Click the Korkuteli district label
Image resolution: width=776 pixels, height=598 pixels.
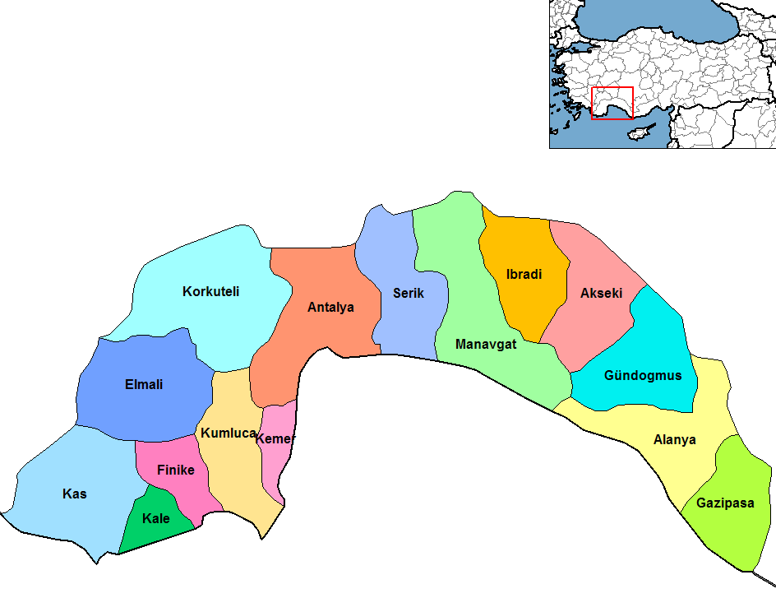pyautogui.click(x=211, y=291)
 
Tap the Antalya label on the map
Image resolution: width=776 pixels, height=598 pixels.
pyautogui.click(x=330, y=308)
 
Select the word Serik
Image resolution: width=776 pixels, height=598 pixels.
pyautogui.click(x=409, y=293)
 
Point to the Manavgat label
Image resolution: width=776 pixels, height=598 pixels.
pyautogui.click(x=486, y=345)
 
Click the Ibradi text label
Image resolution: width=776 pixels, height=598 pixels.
pyautogui.click(x=524, y=275)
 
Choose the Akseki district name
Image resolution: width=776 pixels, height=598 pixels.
pyautogui.click(x=601, y=293)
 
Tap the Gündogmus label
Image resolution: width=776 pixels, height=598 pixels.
pyautogui.click(x=643, y=376)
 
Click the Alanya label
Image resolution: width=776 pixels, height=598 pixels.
pyautogui.click(x=674, y=439)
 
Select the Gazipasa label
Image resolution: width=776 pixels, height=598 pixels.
pyautogui.click(x=725, y=503)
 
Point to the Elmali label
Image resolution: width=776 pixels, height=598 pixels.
pyautogui.click(x=144, y=384)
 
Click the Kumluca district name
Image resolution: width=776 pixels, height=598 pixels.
pyautogui.click(x=229, y=433)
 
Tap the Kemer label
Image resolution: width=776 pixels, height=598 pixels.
pyautogui.click(x=275, y=439)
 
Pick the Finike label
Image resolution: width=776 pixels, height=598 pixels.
pyautogui.click(x=176, y=470)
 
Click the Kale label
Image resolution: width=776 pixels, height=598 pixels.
pyautogui.click(x=156, y=518)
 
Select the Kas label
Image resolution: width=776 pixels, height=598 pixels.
pyautogui.click(x=75, y=494)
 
